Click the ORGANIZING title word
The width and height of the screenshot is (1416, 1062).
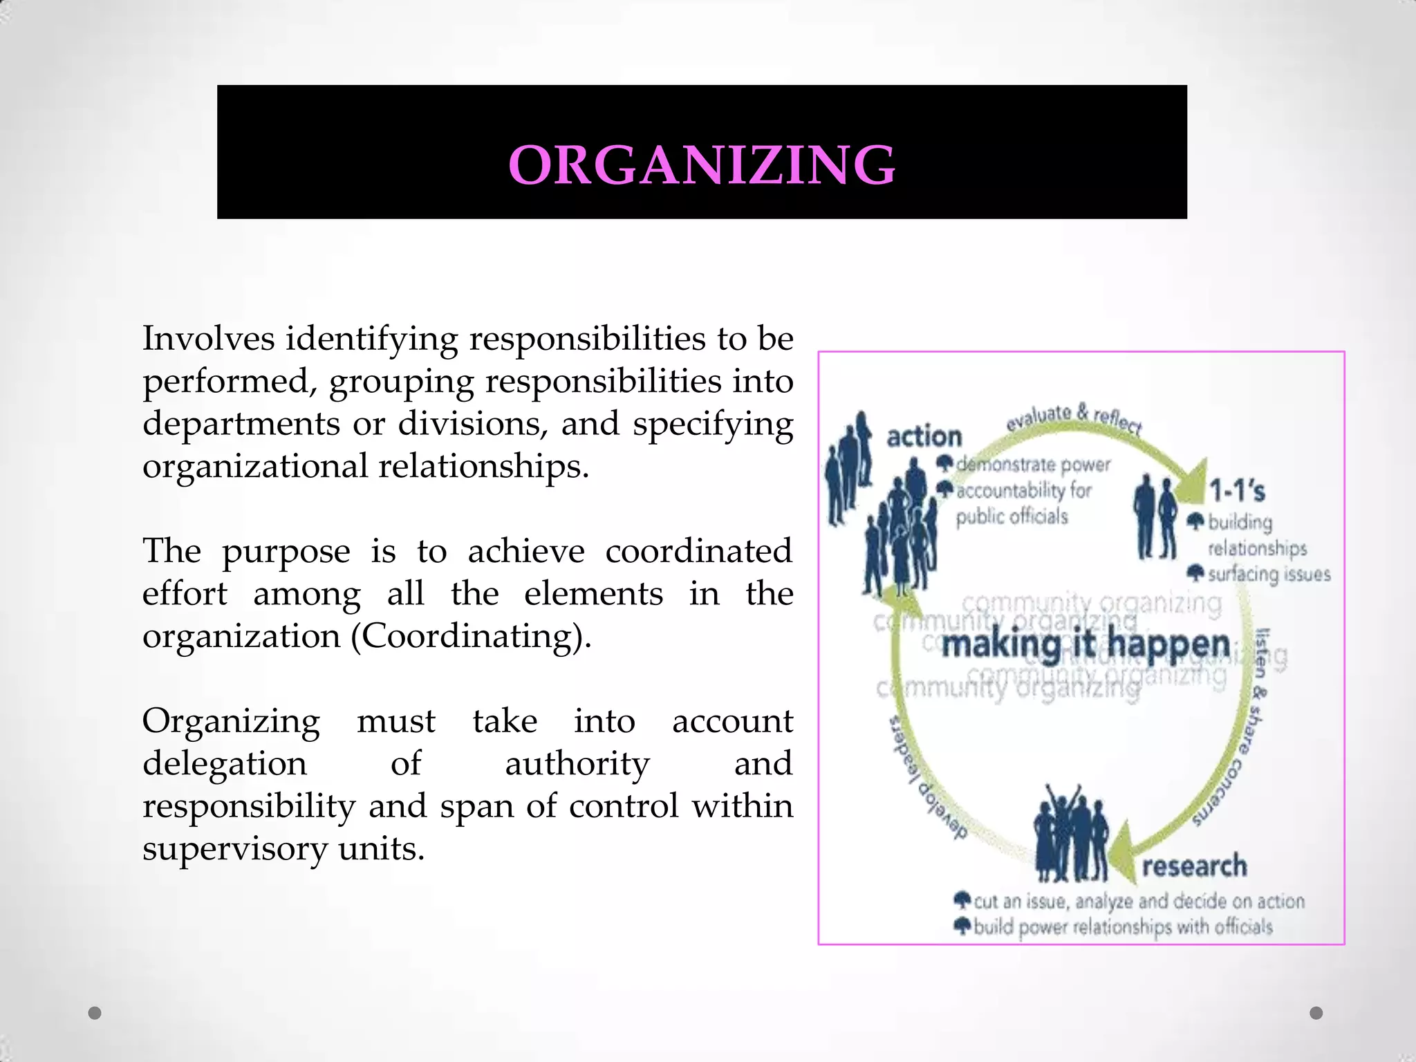pos(702,165)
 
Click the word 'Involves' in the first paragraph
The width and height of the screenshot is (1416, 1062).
pos(208,339)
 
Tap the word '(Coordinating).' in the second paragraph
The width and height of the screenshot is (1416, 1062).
pos(471,636)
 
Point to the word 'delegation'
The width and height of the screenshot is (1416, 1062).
pos(224,763)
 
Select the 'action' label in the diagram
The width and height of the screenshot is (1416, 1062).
pos(924,437)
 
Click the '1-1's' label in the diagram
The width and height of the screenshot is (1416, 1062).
pos(1237,491)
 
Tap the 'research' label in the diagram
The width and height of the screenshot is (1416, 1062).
pos(1194,866)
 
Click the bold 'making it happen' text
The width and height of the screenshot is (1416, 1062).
pos(1086,645)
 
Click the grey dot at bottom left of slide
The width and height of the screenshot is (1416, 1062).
pos(95,1013)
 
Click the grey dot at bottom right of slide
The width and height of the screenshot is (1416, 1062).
pos(1316,1013)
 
